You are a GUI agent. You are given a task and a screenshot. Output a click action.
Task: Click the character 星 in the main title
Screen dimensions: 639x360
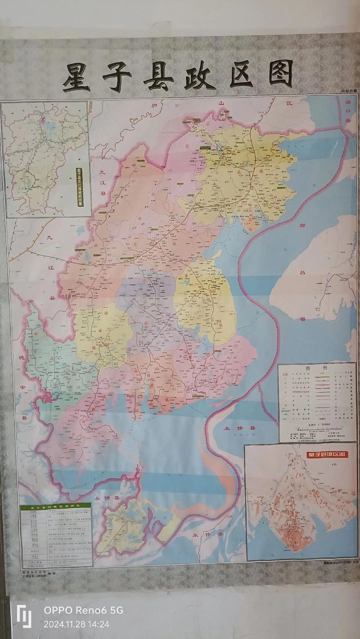76,77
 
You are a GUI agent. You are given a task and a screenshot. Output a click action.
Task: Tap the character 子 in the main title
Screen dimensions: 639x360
117,77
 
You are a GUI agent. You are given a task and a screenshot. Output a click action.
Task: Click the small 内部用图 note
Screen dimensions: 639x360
348,92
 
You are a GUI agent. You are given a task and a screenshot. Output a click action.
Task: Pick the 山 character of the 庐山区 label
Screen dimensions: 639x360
221,103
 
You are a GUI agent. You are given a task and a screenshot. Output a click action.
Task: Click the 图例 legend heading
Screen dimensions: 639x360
318,367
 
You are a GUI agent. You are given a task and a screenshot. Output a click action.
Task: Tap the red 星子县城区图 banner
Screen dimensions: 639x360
328,454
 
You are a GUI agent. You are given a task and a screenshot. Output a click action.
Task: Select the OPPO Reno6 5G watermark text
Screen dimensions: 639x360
83,611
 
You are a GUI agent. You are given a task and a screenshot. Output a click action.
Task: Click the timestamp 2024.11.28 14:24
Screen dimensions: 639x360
76,624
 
